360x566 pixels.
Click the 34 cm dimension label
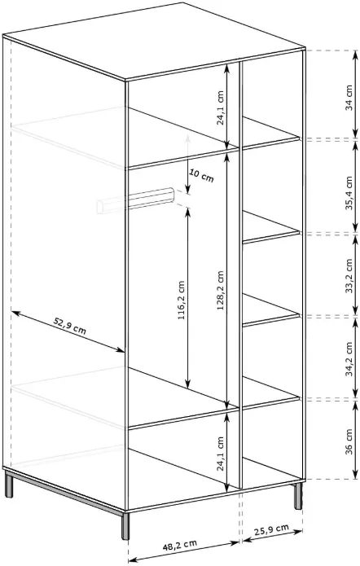(x=349, y=98)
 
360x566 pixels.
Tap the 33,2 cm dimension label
(x=349, y=275)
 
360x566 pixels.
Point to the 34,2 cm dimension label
(x=349, y=359)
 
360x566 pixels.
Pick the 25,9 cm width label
(x=271, y=530)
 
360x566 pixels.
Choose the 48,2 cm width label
(x=179, y=545)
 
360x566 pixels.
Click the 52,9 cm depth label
(x=70, y=326)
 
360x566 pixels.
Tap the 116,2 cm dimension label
(x=182, y=301)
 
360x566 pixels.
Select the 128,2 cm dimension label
(x=221, y=290)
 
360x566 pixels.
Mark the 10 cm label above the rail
(x=201, y=176)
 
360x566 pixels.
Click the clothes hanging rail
(x=136, y=200)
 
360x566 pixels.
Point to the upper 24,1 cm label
(x=220, y=107)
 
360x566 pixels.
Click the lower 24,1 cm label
(x=220, y=454)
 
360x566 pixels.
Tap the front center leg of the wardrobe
(x=125, y=525)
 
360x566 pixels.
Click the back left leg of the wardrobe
(x=9, y=485)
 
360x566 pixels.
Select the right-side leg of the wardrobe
(x=298, y=495)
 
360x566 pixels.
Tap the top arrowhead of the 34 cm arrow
(x=355, y=55)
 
